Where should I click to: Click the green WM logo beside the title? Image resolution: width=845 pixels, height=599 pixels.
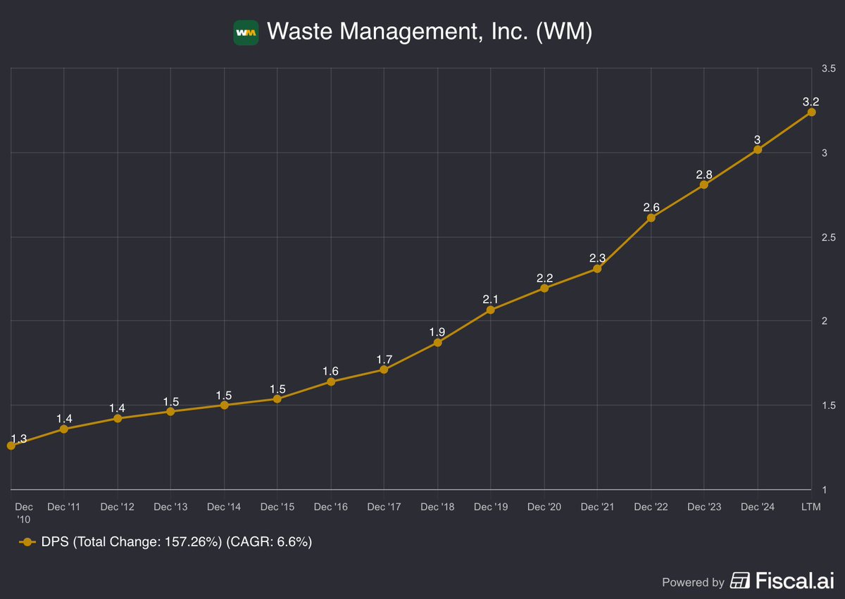[246, 32]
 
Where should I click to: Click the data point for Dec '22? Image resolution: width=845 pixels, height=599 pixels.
[651, 217]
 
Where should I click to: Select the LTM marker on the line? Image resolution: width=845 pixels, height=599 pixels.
[811, 112]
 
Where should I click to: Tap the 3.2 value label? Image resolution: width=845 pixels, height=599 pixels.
[810, 102]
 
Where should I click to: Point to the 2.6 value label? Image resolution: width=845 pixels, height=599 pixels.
[651, 207]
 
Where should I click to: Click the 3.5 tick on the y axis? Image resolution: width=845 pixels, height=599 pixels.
[828, 69]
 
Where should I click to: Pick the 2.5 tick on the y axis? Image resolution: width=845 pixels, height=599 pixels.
[828, 237]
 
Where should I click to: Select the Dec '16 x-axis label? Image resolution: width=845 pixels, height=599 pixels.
[330, 507]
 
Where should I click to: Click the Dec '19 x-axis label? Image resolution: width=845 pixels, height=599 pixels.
[490, 507]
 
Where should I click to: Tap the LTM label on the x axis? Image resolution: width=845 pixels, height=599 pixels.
[810, 507]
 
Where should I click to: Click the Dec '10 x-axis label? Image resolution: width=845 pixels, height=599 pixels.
[23, 512]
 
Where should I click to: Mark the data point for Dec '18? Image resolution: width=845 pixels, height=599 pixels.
[437, 343]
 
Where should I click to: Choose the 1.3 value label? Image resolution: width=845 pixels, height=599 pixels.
[19, 439]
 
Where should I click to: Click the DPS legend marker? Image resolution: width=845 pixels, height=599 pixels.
[27, 542]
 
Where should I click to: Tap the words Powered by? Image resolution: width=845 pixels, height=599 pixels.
[693, 582]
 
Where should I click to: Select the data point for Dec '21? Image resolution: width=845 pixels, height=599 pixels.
[597, 268]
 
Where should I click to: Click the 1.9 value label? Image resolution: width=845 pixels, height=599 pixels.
[437, 332]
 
